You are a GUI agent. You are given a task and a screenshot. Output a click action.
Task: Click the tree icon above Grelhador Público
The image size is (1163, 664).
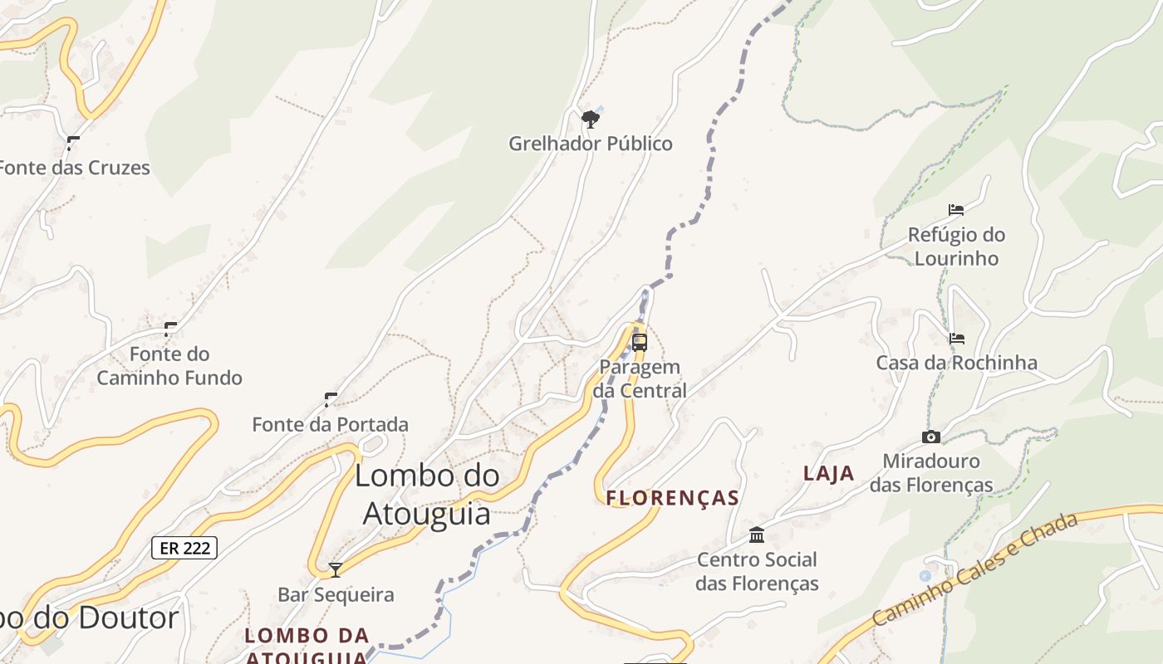click(x=591, y=120)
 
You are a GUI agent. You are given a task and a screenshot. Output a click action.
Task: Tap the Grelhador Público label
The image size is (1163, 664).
click(x=591, y=144)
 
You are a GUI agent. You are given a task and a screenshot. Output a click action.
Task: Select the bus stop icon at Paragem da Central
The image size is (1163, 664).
click(x=640, y=342)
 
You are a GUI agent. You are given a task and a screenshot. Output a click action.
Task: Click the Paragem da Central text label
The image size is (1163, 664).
click(x=640, y=378)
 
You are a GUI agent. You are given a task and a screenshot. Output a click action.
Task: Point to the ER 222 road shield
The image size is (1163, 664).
click(x=184, y=548)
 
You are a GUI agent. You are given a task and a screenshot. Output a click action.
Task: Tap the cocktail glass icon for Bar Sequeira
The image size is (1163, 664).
click(x=336, y=570)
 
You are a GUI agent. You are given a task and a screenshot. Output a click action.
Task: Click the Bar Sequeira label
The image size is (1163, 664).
click(x=336, y=594)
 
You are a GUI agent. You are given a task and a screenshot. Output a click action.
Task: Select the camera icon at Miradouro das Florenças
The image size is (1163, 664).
click(x=931, y=437)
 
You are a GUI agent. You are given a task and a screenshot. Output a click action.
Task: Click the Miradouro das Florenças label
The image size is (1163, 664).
click(x=931, y=472)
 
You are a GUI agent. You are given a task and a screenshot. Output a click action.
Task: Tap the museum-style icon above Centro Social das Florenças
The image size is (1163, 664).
click(x=757, y=535)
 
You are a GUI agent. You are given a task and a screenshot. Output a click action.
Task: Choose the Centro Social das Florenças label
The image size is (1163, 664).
click(x=757, y=571)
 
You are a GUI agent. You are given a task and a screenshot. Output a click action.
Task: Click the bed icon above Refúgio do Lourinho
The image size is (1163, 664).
click(x=956, y=210)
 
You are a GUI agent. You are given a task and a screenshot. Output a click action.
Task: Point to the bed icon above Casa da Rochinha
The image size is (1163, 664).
click(x=957, y=339)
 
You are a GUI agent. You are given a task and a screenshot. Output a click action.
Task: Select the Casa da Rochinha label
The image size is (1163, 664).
click(x=957, y=363)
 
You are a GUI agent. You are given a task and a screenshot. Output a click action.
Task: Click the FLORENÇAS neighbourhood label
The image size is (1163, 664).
click(x=673, y=498)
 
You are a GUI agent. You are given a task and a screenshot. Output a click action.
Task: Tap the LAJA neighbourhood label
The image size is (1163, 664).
click(x=828, y=473)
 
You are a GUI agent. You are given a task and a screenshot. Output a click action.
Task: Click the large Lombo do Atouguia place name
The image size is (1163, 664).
click(x=427, y=495)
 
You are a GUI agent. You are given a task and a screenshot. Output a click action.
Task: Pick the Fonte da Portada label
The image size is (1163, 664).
click(x=330, y=424)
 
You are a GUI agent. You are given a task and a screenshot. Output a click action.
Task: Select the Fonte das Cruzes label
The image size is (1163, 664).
click(x=73, y=168)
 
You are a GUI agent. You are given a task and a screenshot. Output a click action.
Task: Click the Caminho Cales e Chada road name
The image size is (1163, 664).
click(x=975, y=569)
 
